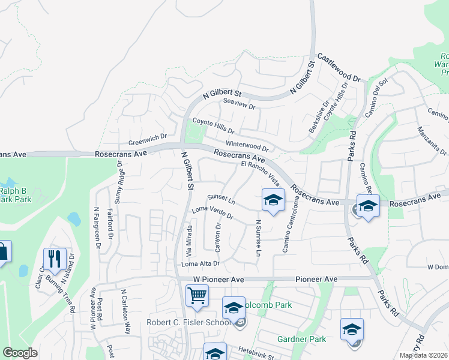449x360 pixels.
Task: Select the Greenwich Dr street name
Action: (x=147, y=140)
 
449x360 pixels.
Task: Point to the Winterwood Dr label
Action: (x=246, y=146)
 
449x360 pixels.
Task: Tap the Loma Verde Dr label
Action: (x=212, y=212)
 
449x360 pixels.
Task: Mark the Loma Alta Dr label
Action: (x=200, y=263)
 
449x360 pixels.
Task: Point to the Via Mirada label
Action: (x=190, y=239)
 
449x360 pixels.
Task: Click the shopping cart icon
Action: (x=197, y=296)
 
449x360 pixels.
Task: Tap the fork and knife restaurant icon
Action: (x=55, y=259)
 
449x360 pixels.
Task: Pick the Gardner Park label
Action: (x=301, y=339)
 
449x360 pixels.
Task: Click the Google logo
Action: (x=20, y=352)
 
